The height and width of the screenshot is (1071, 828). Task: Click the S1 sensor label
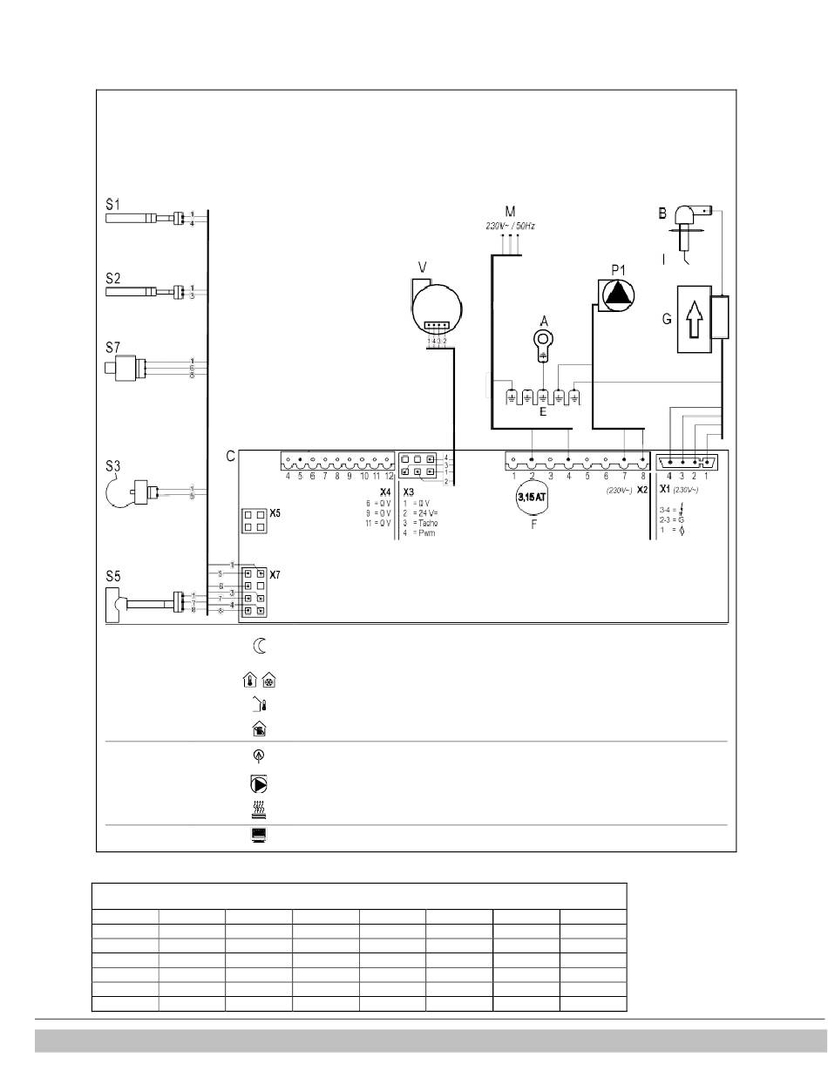coord(112,205)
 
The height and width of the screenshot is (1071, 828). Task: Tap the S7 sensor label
coord(112,348)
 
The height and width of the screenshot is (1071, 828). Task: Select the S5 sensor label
coord(112,576)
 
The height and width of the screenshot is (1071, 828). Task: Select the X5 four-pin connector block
coord(254,521)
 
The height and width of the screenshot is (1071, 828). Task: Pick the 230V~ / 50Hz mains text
coord(510,226)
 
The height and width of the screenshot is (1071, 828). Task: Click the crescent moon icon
coord(259,647)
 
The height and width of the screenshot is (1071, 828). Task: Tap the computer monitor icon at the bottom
coord(259,835)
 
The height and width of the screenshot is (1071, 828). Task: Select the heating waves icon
coord(259,810)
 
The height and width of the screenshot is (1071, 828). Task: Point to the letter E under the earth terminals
coord(542,412)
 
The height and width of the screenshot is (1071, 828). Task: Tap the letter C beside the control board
coord(230,456)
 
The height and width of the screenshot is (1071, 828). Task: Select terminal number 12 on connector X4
coord(389,476)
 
